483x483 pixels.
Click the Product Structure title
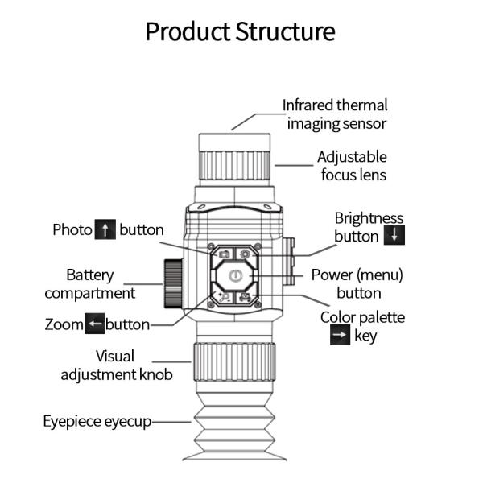click(x=240, y=31)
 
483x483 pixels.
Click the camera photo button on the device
click(x=224, y=254)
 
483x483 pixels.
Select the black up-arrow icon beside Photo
click(x=105, y=230)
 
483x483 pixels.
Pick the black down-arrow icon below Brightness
click(x=393, y=236)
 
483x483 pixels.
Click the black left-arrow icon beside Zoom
click(x=96, y=325)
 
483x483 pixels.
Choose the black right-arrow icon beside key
click(x=340, y=336)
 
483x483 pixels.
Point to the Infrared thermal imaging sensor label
click(x=335, y=114)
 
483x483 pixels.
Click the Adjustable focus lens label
click(x=352, y=166)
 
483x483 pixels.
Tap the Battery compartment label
click(x=89, y=284)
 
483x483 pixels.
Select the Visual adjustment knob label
click(x=115, y=365)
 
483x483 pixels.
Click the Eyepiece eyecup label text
click(x=97, y=421)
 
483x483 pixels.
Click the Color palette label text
click(x=362, y=317)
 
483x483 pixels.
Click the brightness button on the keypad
click(x=246, y=254)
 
